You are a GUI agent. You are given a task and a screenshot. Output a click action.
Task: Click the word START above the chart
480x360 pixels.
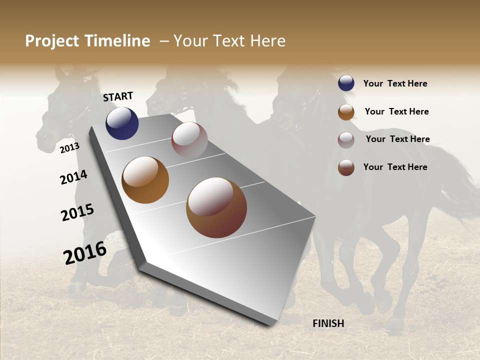pos(118,96)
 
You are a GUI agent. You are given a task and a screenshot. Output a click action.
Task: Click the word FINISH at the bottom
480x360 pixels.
pos(328,323)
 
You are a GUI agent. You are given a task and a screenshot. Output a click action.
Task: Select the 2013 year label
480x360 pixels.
pos(70,147)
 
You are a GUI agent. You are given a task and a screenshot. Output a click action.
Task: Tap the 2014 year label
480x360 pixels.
pos(73,177)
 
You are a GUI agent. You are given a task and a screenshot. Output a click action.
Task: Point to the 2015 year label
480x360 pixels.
pos(77,212)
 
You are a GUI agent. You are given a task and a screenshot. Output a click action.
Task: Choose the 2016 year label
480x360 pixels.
pos(85,252)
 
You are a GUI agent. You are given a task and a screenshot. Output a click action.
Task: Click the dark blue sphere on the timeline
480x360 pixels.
pos(122,123)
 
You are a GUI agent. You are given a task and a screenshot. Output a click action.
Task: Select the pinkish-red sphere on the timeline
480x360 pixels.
pos(189,140)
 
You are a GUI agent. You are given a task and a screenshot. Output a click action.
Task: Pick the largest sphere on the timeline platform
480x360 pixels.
pos(216,207)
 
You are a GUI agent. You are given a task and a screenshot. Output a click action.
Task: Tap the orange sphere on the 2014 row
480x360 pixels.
pos(145,180)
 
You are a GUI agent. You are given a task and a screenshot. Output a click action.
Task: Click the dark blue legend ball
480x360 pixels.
pos(346,83)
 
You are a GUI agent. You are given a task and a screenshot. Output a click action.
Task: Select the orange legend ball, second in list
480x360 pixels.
pos(346,112)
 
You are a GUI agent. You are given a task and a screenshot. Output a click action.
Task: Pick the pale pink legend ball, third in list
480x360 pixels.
pos(346,140)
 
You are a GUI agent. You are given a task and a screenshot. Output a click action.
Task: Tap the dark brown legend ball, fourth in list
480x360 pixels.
pos(346,167)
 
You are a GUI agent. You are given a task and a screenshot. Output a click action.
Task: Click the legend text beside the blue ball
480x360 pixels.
pos(395,83)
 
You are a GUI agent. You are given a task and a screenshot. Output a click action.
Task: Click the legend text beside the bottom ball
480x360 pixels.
pos(395,167)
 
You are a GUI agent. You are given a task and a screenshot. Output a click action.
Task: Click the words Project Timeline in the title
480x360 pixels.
pos(87,41)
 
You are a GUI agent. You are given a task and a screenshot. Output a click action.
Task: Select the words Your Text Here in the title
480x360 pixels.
pos(229,41)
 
